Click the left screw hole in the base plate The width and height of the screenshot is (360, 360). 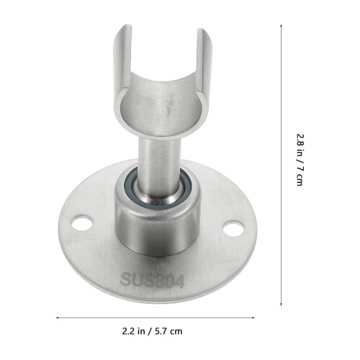(x=82, y=223)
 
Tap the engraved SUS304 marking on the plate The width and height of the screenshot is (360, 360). (x=152, y=280)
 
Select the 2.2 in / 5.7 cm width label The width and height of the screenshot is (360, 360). (x=152, y=331)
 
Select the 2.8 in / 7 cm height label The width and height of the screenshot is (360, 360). (x=300, y=160)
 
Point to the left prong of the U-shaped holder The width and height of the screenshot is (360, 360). (x=123, y=60)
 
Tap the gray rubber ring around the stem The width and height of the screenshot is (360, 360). (x=158, y=189)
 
